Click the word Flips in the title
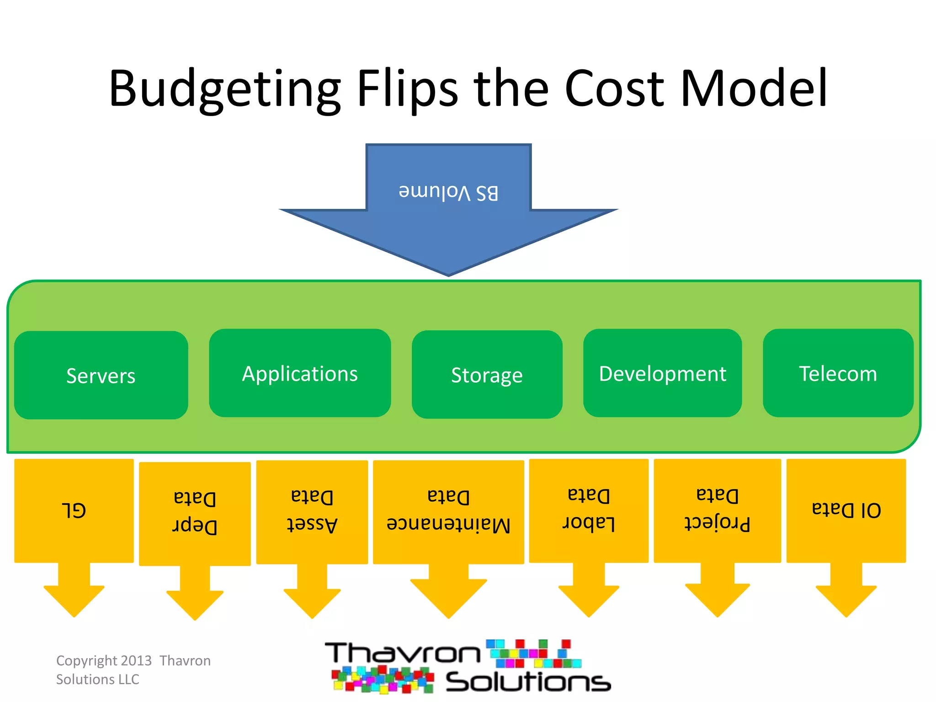[x=407, y=89]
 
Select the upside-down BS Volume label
[x=448, y=192]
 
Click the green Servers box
[x=101, y=375]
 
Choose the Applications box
[x=300, y=373]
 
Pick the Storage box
[x=487, y=375]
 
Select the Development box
[x=662, y=373]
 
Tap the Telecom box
[x=838, y=373]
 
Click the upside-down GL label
[x=74, y=510]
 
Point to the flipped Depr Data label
[x=195, y=512]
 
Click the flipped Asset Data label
[x=312, y=511]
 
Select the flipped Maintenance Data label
[x=448, y=511]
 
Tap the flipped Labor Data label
[x=589, y=509]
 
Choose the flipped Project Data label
[x=717, y=509]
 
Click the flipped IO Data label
[x=846, y=510]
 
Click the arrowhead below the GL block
[x=74, y=600]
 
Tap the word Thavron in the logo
[x=402, y=654]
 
